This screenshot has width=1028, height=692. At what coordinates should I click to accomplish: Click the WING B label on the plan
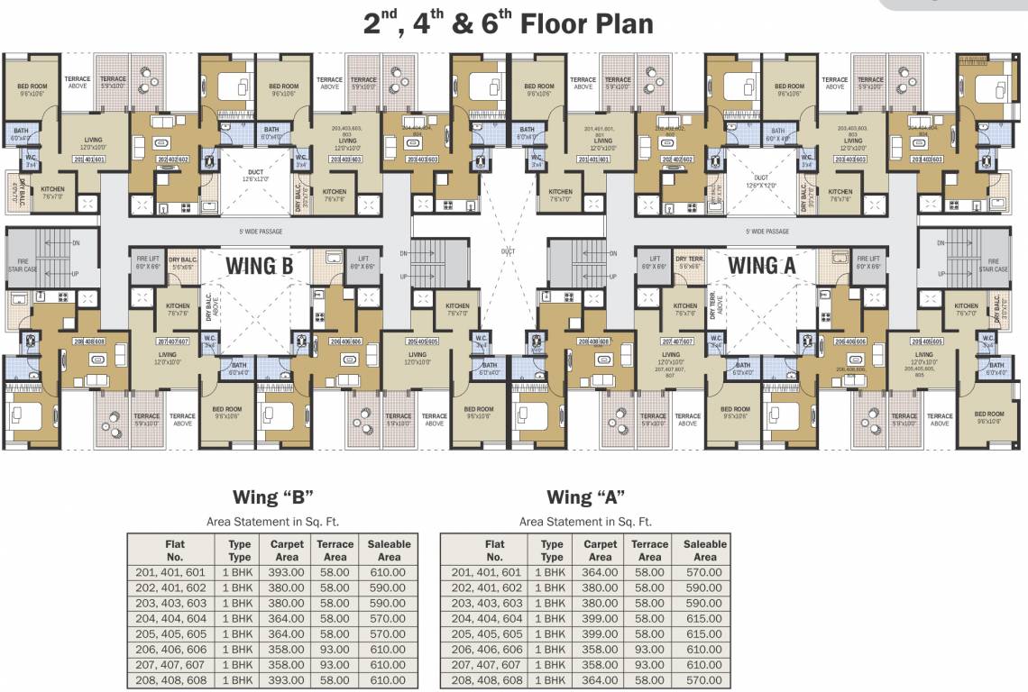coord(261,266)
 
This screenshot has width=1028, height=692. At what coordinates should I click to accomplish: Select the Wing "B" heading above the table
coord(272,497)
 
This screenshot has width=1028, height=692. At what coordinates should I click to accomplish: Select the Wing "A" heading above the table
coord(585,497)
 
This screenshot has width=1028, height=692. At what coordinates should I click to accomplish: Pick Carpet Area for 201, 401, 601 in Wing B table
coord(287,572)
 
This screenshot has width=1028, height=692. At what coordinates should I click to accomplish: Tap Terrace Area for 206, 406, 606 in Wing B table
coord(335,650)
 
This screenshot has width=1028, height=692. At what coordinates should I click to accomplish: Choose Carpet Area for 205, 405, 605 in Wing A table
coord(600,634)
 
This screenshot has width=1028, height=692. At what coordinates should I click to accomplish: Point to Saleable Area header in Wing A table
coord(704,551)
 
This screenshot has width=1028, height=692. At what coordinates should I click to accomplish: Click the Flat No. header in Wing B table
coord(174,551)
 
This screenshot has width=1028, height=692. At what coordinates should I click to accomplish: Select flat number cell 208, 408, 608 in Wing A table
coord(487,680)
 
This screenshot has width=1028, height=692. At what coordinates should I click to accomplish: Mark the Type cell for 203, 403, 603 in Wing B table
coord(239,603)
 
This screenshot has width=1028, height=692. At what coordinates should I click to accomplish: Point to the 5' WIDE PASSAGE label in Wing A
coord(767,232)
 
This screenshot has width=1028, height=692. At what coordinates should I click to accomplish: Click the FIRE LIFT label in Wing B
coord(147,263)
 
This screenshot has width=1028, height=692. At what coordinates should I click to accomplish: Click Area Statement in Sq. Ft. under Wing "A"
coord(585,522)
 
